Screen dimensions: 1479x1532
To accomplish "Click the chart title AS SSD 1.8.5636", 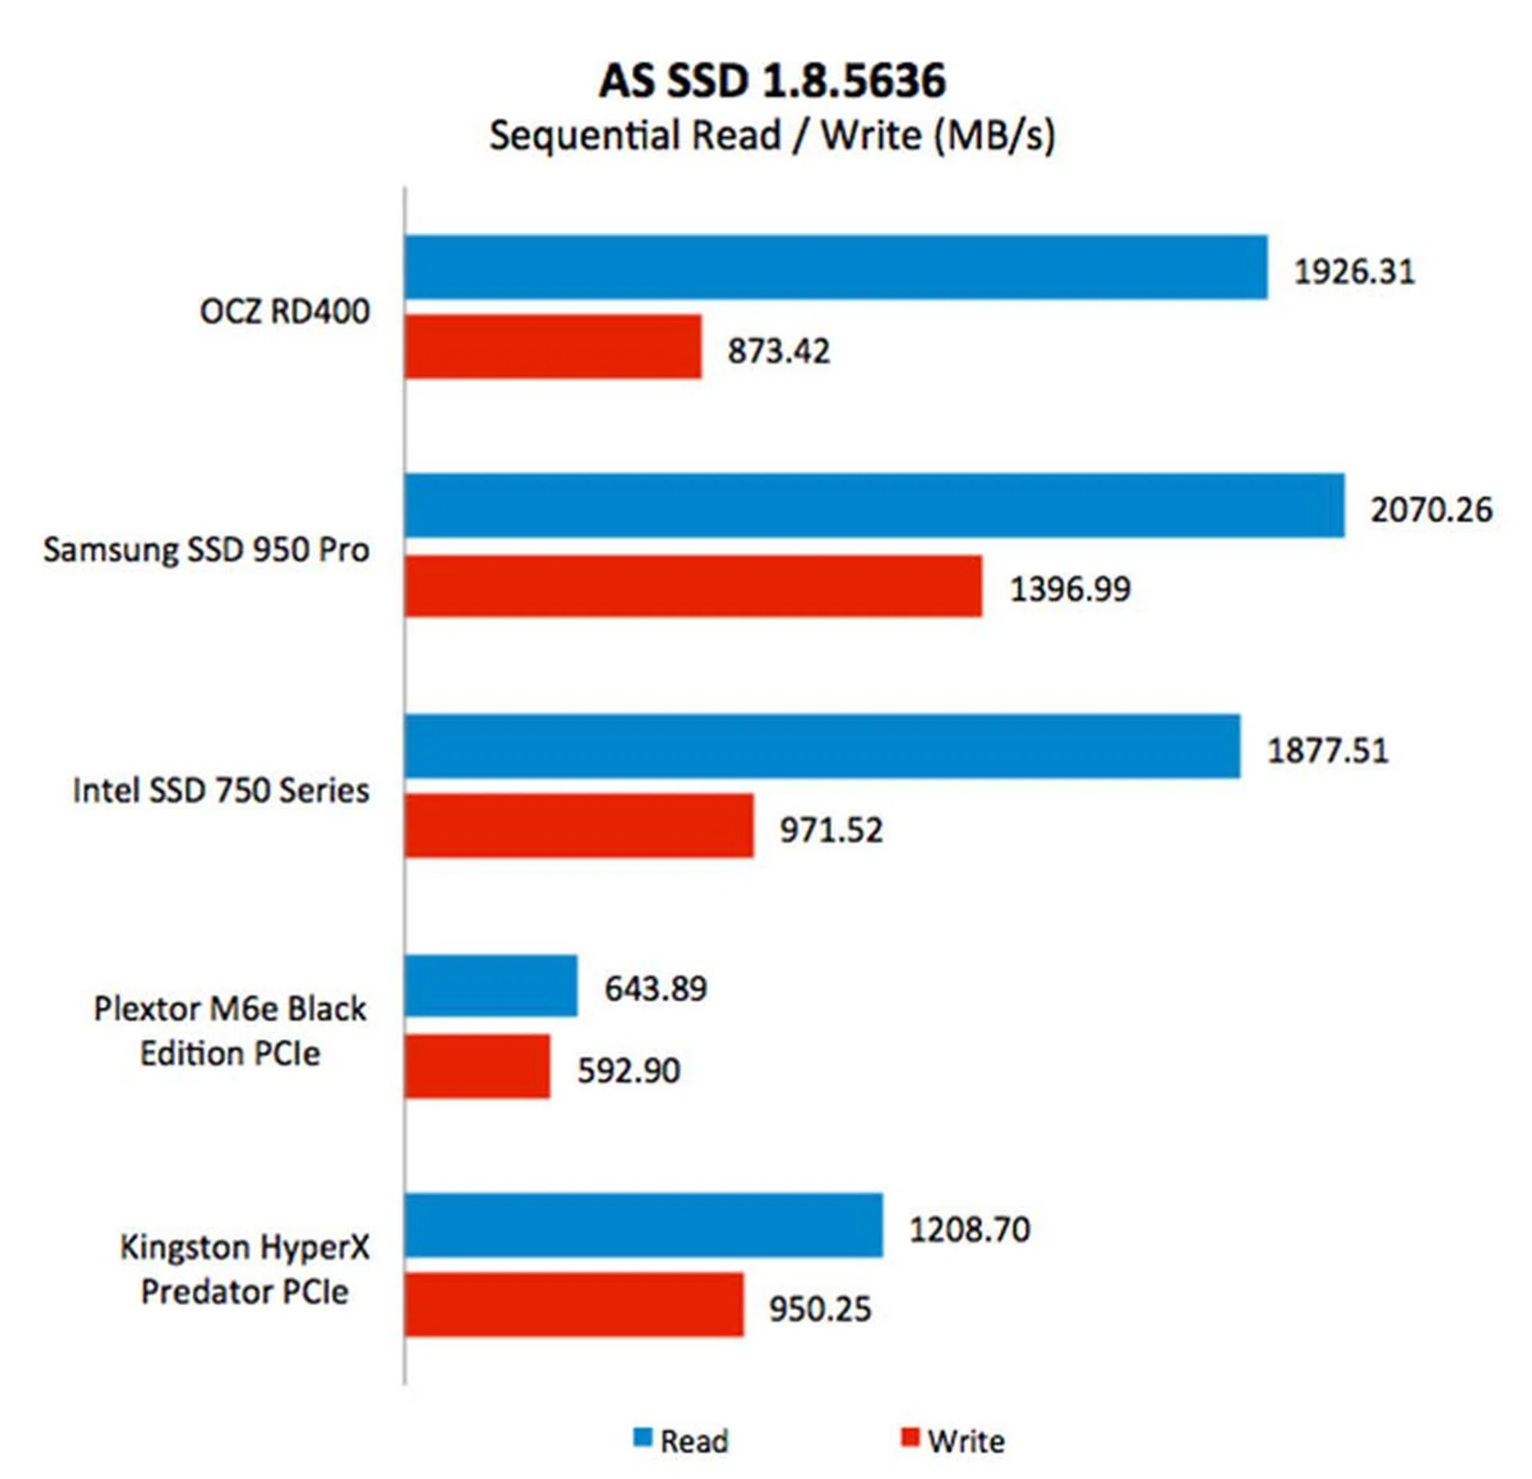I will tap(772, 81).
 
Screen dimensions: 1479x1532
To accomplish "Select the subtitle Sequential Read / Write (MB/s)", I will tap(772, 135).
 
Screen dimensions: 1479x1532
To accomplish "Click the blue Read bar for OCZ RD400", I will tap(835, 267).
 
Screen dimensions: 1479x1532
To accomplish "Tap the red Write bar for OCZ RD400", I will tap(552, 346).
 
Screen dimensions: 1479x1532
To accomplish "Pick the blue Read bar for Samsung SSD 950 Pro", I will tap(874, 506).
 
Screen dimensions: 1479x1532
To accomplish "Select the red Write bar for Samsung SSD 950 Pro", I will tap(693, 586).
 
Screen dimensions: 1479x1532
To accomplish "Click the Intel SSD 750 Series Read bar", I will tap(822, 746).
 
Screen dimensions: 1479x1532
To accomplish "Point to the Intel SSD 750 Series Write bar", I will tap(578, 826).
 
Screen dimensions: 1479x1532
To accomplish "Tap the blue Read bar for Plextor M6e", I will tap(491, 986).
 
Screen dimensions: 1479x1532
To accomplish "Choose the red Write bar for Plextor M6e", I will tap(477, 1066).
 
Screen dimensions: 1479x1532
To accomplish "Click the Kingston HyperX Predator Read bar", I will tap(643, 1225).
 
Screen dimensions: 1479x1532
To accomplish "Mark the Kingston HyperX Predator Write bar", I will tap(574, 1304).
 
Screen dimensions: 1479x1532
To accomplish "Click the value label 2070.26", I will tap(1431, 510).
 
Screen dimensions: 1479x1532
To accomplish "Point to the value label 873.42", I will tap(778, 351).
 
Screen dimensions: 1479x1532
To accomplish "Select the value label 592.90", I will tap(629, 1071).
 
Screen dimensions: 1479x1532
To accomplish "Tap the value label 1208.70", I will tap(969, 1229).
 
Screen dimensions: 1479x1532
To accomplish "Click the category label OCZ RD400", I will tap(284, 311).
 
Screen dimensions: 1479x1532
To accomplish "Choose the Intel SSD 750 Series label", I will tap(221, 791).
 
